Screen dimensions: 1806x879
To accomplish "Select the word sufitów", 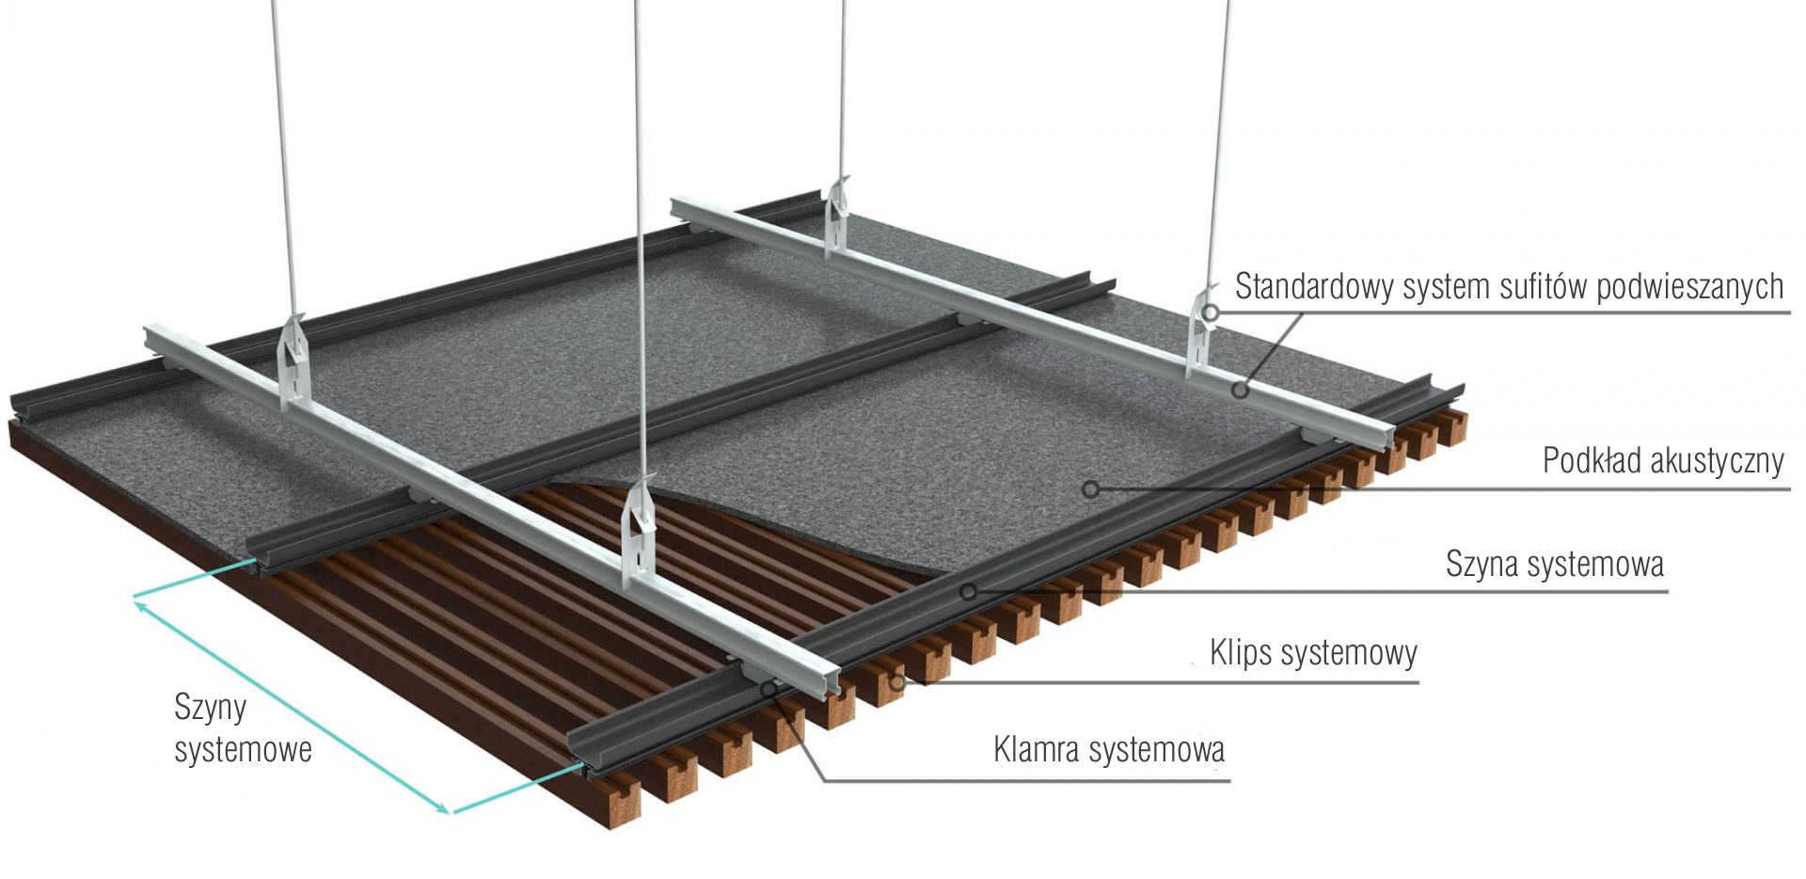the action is pyautogui.click(x=1538, y=285).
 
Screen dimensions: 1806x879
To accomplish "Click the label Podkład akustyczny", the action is pyautogui.click(x=1663, y=460).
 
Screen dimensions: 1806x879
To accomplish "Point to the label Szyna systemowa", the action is pyautogui.click(x=1555, y=564).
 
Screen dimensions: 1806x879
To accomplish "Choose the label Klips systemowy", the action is pyautogui.click(x=1313, y=652).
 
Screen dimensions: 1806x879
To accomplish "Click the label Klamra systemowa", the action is pyautogui.click(x=1109, y=750).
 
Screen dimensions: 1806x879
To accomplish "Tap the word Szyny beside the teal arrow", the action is pyautogui.click(x=211, y=708).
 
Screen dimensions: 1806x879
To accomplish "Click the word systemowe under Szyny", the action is pyautogui.click(x=243, y=750).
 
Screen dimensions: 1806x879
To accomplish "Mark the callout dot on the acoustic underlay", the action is pyautogui.click(x=1090, y=489).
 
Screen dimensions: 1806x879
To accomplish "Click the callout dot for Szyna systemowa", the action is pyautogui.click(x=968, y=591).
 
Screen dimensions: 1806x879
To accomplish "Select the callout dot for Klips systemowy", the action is pyautogui.click(x=896, y=681).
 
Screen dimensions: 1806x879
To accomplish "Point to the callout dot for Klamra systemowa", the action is pyautogui.click(x=769, y=690).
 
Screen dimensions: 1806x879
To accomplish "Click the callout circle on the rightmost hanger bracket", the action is pyautogui.click(x=1211, y=312).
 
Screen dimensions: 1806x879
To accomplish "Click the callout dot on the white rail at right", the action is pyautogui.click(x=1241, y=389).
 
